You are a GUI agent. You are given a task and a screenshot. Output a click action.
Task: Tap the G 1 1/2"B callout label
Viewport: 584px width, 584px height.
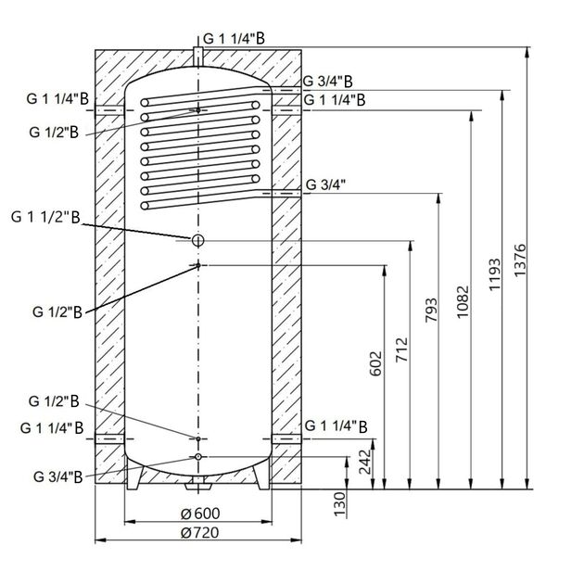point(46,218)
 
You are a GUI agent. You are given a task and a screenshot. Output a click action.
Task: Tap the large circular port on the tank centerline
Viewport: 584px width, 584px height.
point(197,241)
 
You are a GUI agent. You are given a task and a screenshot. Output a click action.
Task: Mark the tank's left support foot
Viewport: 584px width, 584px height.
point(135,476)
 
